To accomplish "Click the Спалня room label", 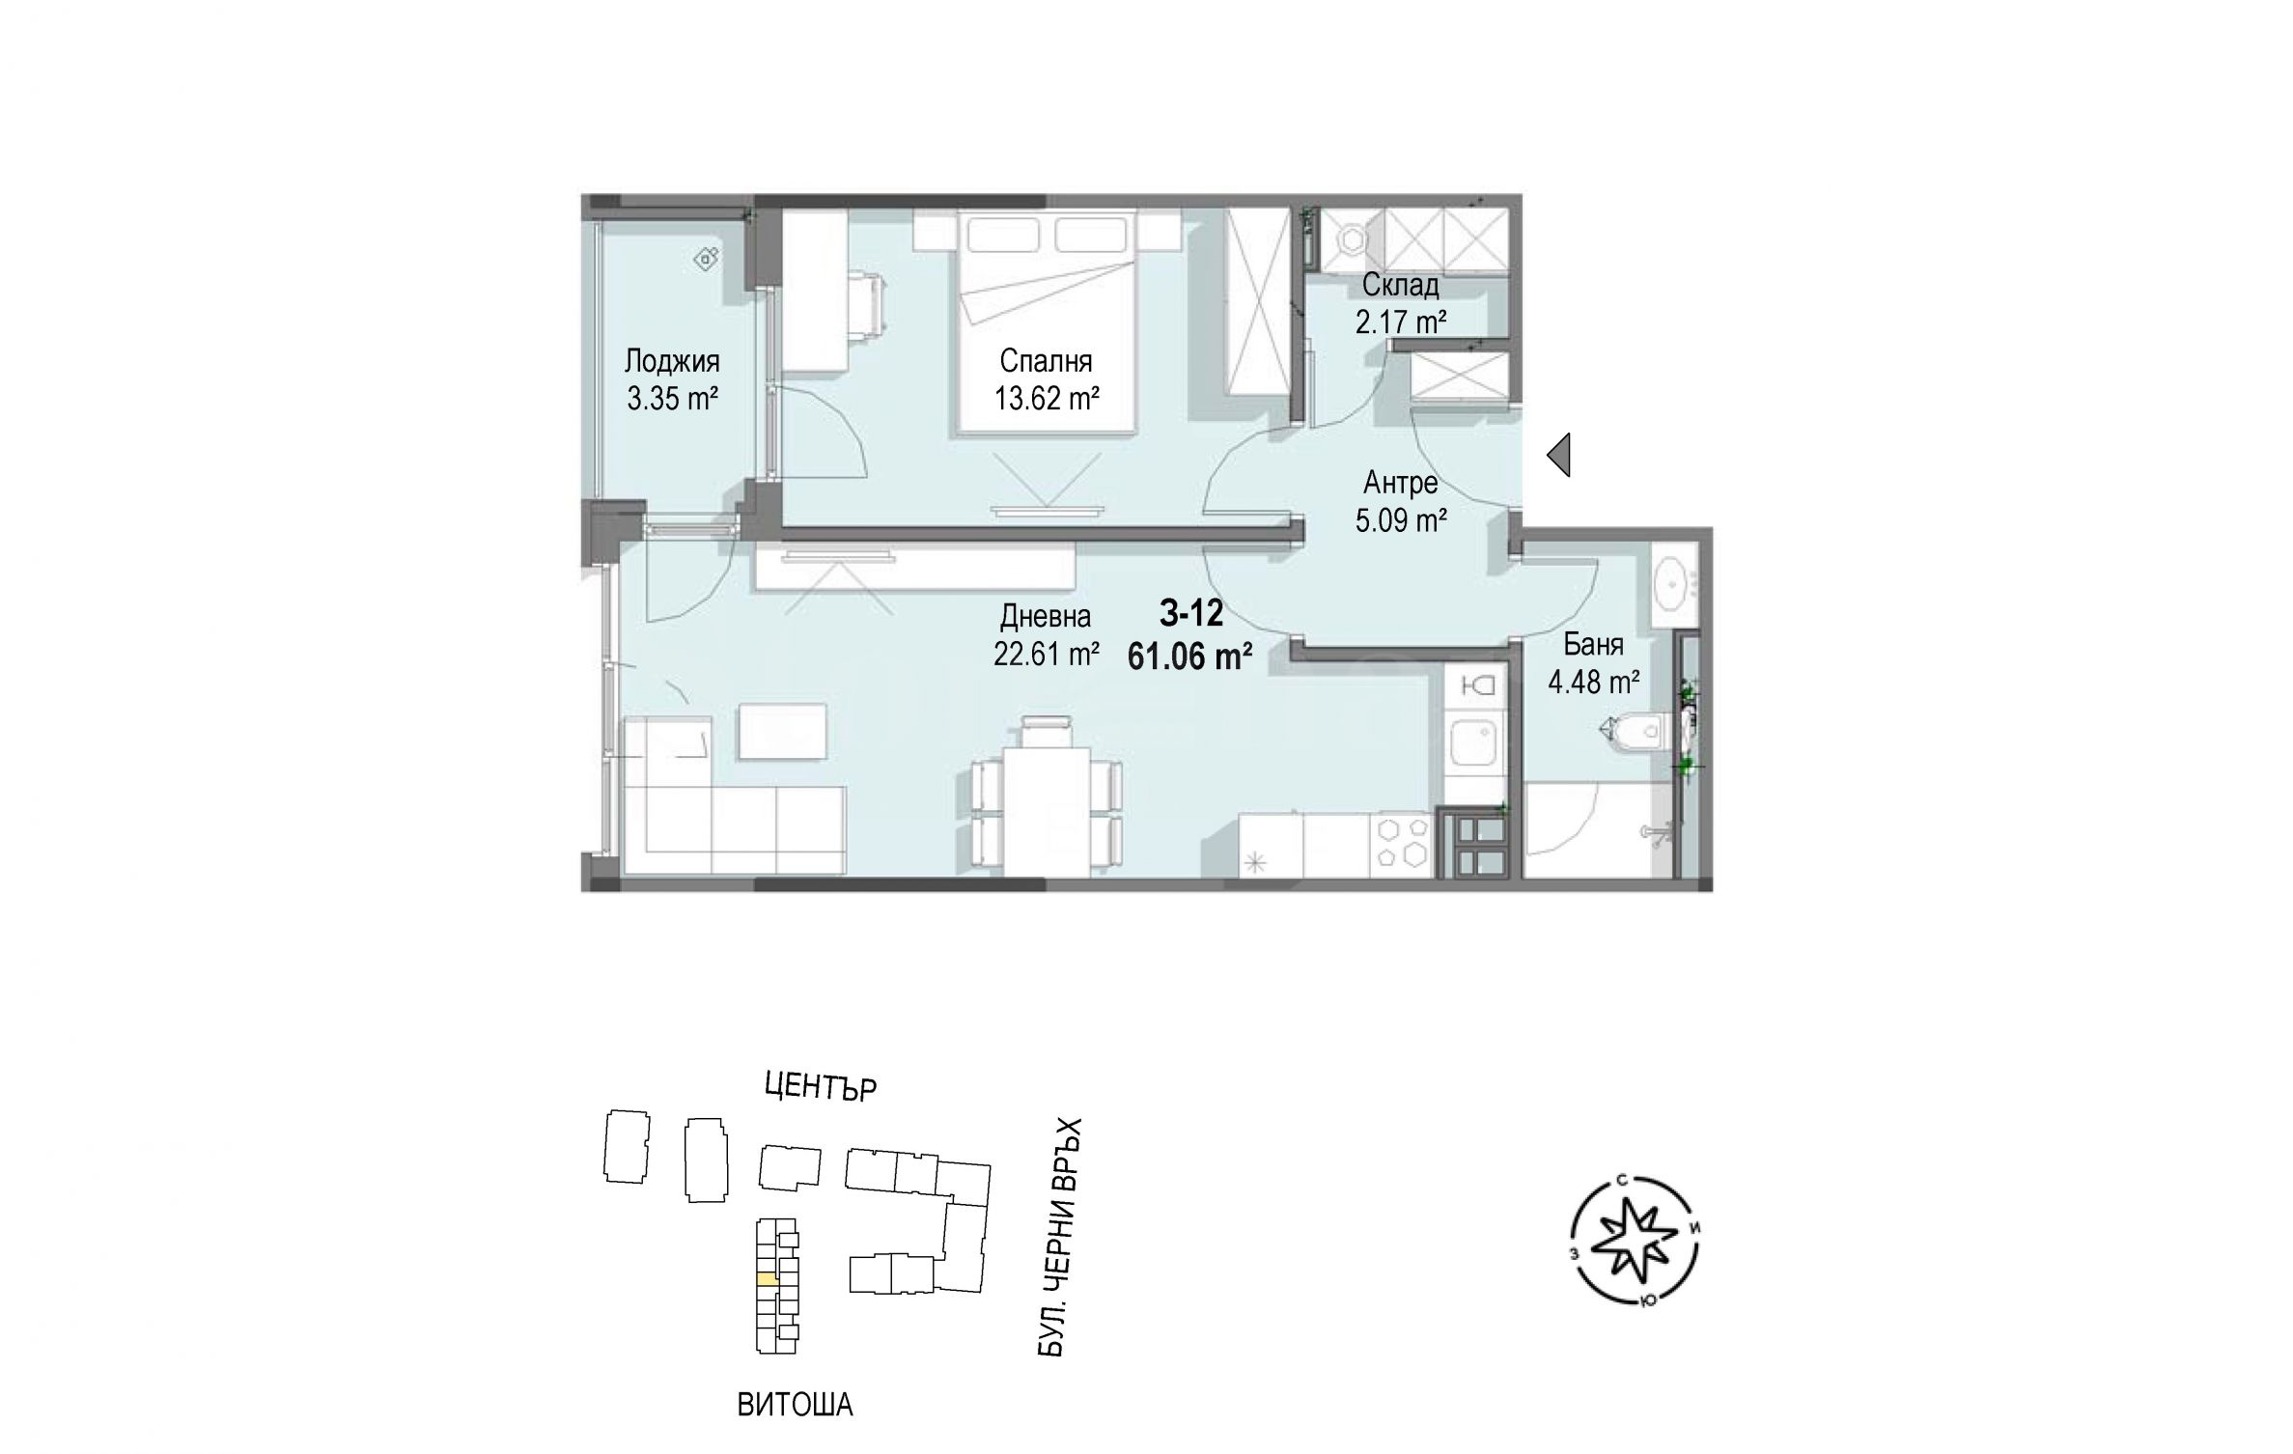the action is click(1047, 362).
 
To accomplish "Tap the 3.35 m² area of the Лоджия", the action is click(673, 398).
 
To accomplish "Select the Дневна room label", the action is click(1046, 616).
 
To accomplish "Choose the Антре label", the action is click(1401, 482).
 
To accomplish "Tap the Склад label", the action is click(1401, 285).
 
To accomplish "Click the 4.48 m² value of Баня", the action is click(1594, 683).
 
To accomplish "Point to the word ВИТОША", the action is click(795, 1405).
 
